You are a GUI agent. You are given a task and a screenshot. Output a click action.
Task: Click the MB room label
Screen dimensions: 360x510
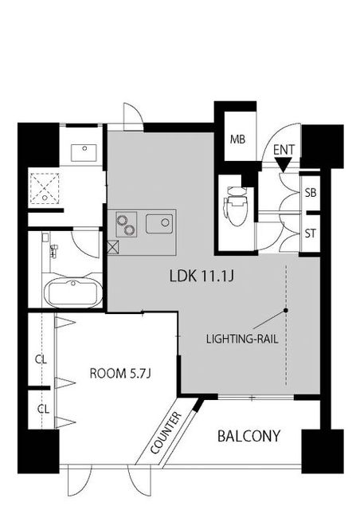tap(237, 139)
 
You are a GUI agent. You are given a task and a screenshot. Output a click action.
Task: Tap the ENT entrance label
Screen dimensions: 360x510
tap(284, 150)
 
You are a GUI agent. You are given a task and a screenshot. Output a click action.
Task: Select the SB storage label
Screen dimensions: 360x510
tap(311, 193)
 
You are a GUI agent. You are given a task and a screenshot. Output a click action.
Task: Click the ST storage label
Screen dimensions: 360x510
tap(311, 233)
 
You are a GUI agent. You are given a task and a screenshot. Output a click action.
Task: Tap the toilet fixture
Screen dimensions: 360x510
tap(236, 206)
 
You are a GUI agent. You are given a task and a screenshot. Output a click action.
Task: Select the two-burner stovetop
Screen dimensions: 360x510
tap(126, 224)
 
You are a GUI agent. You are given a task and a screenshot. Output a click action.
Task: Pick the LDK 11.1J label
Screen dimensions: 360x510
tap(202, 277)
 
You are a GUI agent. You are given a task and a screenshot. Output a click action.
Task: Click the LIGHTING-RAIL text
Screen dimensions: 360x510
tap(242, 339)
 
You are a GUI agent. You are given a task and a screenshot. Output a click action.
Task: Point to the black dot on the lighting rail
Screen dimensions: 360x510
tap(285, 310)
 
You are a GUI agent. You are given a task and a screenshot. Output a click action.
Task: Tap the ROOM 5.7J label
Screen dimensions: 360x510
tap(120, 373)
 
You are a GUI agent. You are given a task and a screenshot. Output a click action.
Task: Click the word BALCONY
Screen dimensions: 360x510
tap(248, 436)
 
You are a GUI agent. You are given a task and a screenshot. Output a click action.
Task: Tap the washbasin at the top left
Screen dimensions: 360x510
tap(84, 153)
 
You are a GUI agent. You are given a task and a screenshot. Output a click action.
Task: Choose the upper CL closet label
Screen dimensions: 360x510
tap(41, 359)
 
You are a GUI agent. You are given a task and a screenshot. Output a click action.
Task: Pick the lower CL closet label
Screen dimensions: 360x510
tap(43, 409)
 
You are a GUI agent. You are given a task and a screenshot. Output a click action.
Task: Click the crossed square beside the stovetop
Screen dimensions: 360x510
tap(113, 247)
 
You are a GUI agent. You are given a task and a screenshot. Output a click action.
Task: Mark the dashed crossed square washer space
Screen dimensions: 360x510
tap(45, 188)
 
